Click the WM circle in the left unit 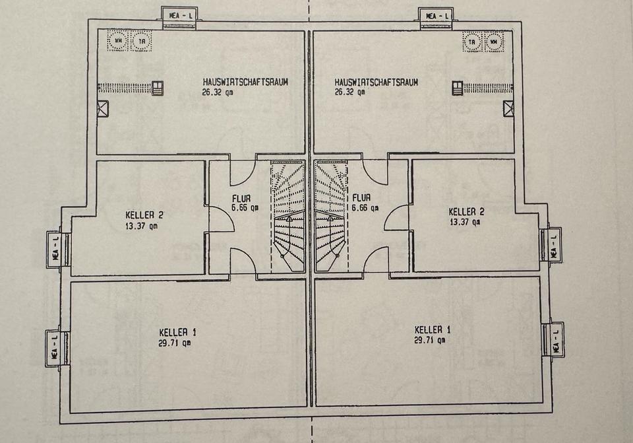[x=119, y=41]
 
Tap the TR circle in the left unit [x=140, y=41]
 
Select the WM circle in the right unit [x=493, y=42]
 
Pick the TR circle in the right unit [x=472, y=42]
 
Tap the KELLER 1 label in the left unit [x=178, y=331]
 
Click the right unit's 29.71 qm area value [x=429, y=341]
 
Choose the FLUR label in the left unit [x=241, y=197]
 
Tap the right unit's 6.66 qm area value [x=366, y=207]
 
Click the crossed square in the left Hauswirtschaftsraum [x=103, y=109]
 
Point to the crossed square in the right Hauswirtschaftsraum [x=508, y=109]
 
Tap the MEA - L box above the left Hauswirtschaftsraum [x=179, y=16]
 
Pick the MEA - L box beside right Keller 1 [x=555, y=339]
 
